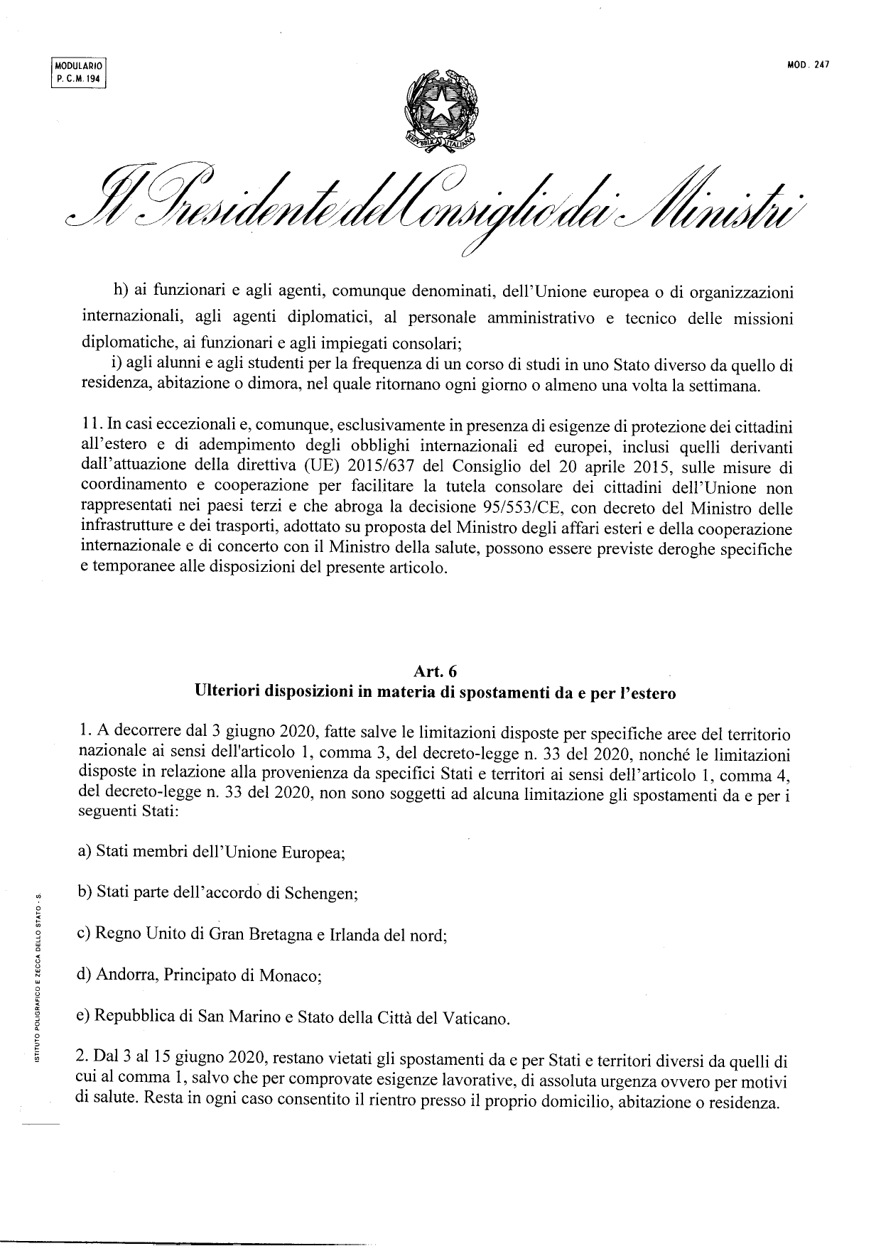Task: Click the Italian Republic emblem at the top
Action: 440,109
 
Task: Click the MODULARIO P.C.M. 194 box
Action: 78,73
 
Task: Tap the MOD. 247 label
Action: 809,65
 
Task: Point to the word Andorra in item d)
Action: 126,975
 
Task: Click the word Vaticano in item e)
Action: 476,1018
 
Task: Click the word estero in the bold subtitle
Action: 652,693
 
